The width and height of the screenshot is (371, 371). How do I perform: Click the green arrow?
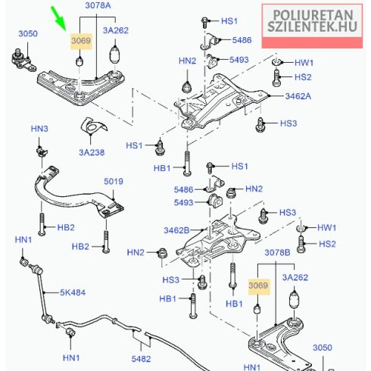[58, 18]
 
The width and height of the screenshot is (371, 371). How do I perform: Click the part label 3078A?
[98, 5]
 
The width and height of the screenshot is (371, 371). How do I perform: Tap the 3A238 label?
[92, 152]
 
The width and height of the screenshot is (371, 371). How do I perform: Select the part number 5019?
[114, 181]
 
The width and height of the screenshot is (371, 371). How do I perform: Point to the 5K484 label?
[73, 292]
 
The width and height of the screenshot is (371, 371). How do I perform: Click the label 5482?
[141, 359]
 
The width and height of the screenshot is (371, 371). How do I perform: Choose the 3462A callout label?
[298, 96]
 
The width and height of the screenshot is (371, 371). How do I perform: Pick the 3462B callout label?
[176, 230]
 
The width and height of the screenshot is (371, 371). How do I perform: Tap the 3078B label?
[277, 252]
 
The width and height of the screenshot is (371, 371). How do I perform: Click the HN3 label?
[39, 129]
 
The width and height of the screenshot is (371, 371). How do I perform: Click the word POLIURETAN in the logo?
[313, 15]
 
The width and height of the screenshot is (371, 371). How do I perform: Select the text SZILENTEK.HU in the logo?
[312, 26]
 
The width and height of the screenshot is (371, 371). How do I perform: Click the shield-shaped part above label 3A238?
[93, 126]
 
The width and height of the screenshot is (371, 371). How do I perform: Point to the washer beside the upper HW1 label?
[277, 62]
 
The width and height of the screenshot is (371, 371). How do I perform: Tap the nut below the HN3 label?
[42, 151]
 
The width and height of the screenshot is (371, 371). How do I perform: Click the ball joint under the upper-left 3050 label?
[23, 61]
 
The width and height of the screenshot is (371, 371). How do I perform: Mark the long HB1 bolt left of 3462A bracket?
[187, 164]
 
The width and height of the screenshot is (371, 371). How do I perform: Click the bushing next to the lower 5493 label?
[215, 201]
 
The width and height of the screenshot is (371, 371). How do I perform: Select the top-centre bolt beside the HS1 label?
[205, 22]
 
